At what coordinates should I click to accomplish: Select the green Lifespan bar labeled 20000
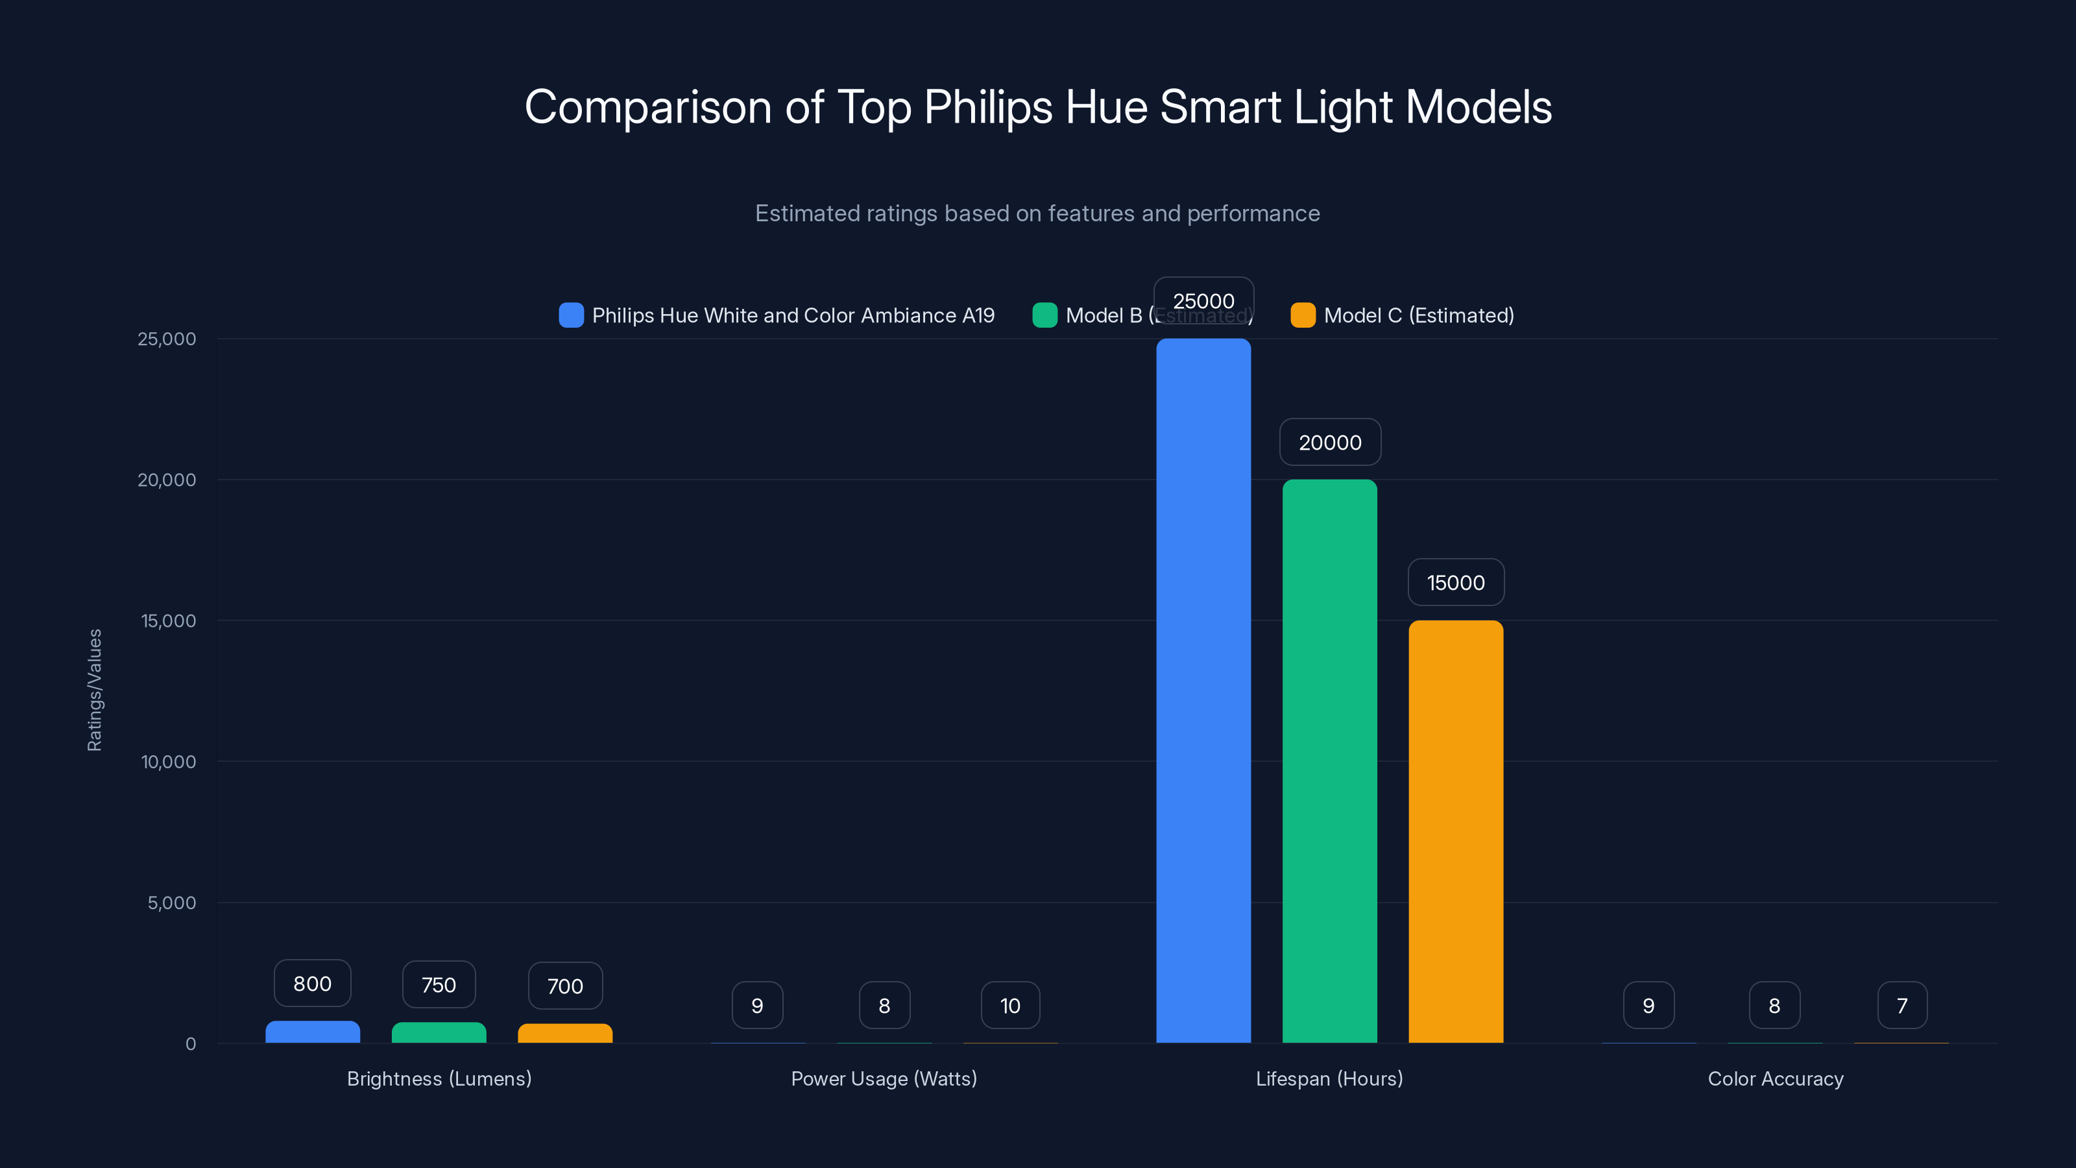pyautogui.click(x=1330, y=761)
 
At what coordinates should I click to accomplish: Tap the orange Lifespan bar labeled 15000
pyautogui.click(x=1455, y=831)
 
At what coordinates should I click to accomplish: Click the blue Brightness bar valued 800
pyautogui.click(x=313, y=1032)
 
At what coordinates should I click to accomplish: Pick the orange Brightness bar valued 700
pyautogui.click(x=565, y=1034)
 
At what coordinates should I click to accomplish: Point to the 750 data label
pyautogui.click(x=439, y=984)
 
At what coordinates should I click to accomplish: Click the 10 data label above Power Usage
pyautogui.click(x=1010, y=1005)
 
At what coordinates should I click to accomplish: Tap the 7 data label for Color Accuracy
pyautogui.click(x=1902, y=1005)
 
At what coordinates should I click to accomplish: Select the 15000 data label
pyautogui.click(x=1455, y=582)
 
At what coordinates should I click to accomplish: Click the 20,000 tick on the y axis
pyautogui.click(x=167, y=480)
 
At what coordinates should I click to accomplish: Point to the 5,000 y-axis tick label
pyautogui.click(x=172, y=903)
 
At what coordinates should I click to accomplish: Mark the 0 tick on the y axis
pyautogui.click(x=191, y=1044)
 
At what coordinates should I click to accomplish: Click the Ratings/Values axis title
pyautogui.click(x=94, y=690)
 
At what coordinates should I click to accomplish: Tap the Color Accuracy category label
pyautogui.click(x=1776, y=1078)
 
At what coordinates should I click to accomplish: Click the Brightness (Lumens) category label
pyautogui.click(x=439, y=1078)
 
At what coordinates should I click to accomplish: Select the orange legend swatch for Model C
pyautogui.click(x=1302, y=315)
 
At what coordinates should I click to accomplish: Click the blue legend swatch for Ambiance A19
pyautogui.click(x=571, y=315)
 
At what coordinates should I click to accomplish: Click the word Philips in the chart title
pyautogui.click(x=988, y=107)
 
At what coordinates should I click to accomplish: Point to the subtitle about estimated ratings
pyautogui.click(x=1037, y=213)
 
